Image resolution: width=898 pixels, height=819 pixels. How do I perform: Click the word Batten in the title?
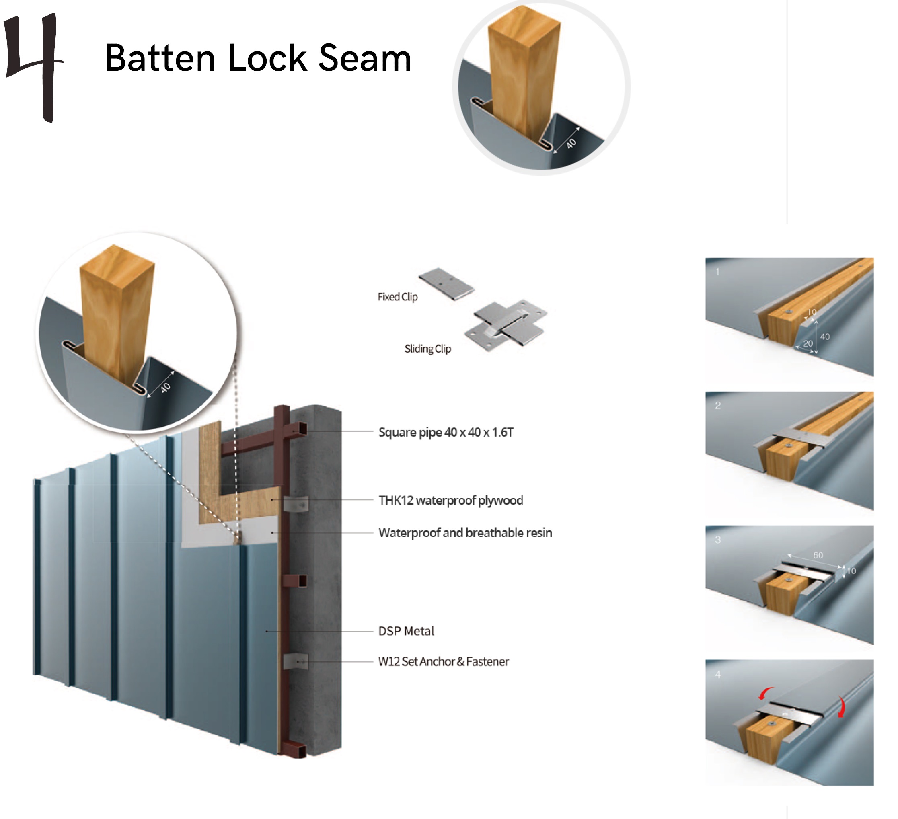coord(160,58)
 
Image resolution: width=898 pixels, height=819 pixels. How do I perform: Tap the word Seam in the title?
coord(365,58)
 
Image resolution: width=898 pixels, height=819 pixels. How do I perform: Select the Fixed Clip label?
coord(397,297)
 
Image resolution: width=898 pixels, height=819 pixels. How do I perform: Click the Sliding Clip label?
coord(427,349)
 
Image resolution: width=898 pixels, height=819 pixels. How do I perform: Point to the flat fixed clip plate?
coord(446,284)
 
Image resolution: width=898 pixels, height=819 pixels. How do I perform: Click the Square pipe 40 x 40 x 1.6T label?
coord(446,433)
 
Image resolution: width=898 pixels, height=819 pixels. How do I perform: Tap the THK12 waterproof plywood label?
coord(451,500)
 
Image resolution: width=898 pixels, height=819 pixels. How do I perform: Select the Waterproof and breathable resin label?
coord(465,533)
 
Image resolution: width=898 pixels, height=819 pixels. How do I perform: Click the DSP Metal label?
coord(406,631)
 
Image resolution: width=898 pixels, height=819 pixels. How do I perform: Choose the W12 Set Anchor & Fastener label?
coord(443,661)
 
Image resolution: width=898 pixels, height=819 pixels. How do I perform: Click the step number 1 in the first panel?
coord(717,272)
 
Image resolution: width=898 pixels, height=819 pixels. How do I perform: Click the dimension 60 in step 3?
coord(818,555)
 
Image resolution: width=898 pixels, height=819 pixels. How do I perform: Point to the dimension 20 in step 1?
coord(808,343)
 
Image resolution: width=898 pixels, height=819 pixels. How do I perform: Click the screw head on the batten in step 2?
coord(789,445)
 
